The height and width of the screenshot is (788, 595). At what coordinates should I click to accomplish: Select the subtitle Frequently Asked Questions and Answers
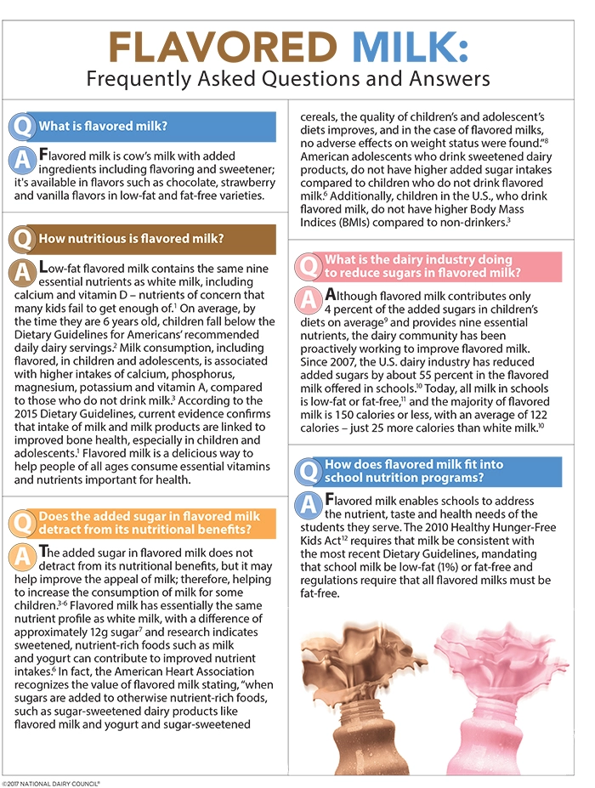(289, 79)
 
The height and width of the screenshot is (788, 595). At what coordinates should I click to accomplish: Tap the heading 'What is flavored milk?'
(103, 127)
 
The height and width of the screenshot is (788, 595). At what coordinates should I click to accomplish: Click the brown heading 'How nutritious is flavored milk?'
(124, 239)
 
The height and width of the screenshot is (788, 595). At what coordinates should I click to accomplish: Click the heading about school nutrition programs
(414, 471)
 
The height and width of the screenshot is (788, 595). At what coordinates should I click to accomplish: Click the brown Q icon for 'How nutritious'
(23, 240)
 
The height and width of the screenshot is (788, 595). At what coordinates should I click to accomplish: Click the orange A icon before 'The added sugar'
(24, 556)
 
